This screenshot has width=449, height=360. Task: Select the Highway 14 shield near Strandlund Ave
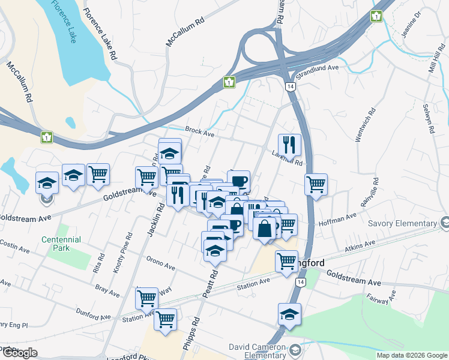[291, 87]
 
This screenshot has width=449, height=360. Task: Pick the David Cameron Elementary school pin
[295, 349]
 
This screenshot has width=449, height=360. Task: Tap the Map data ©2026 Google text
[412, 355]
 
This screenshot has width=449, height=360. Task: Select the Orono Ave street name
[160, 263]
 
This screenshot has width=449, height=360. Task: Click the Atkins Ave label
[360, 245]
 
